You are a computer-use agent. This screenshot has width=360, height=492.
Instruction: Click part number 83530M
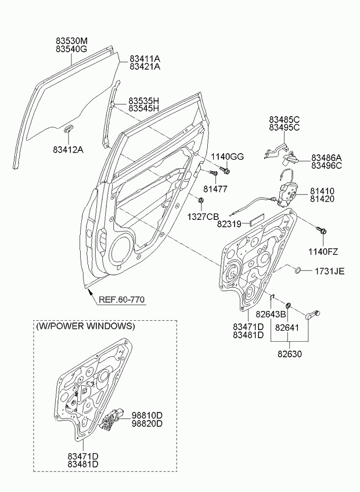click(71, 41)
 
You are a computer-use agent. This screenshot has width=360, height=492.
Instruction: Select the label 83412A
click(69, 149)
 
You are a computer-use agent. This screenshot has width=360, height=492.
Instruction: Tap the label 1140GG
click(227, 157)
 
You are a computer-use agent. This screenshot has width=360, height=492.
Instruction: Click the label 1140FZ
click(322, 251)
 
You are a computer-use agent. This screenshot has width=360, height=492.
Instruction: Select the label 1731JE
click(330, 271)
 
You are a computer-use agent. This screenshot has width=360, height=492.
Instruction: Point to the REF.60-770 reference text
click(121, 300)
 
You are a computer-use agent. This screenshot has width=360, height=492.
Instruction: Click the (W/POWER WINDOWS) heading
click(85, 326)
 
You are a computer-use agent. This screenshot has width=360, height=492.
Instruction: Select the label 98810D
click(146, 415)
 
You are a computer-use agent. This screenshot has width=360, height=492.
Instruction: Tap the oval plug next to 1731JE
click(296, 270)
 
